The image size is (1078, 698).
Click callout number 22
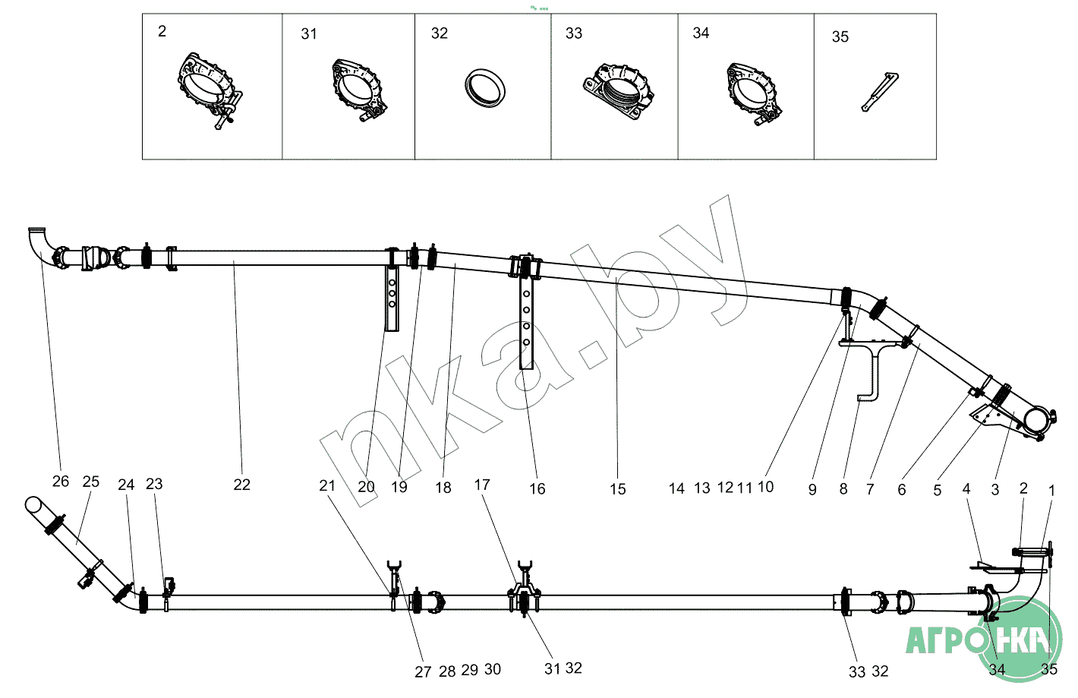click(241, 485)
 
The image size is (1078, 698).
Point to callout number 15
click(617, 489)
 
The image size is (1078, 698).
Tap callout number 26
click(61, 482)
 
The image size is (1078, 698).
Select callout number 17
click(482, 485)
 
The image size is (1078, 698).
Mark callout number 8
click(843, 489)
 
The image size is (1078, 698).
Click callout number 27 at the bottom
click(423, 672)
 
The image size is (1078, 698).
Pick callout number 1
click(1051, 491)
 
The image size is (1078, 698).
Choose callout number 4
click(966, 489)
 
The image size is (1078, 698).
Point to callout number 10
click(766, 487)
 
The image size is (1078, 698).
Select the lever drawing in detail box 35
click(880, 92)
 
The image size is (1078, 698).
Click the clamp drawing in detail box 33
click(618, 90)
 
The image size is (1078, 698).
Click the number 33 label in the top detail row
click(574, 33)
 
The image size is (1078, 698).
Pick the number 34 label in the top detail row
click(701, 33)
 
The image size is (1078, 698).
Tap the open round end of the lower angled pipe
click(33, 505)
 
